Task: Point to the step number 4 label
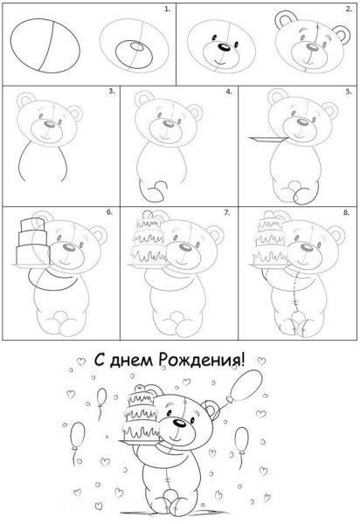click(229, 91)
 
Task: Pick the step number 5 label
click(347, 91)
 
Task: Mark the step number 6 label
click(109, 211)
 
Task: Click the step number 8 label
click(347, 211)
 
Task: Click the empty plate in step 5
click(265, 137)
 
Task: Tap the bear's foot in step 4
click(158, 188)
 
